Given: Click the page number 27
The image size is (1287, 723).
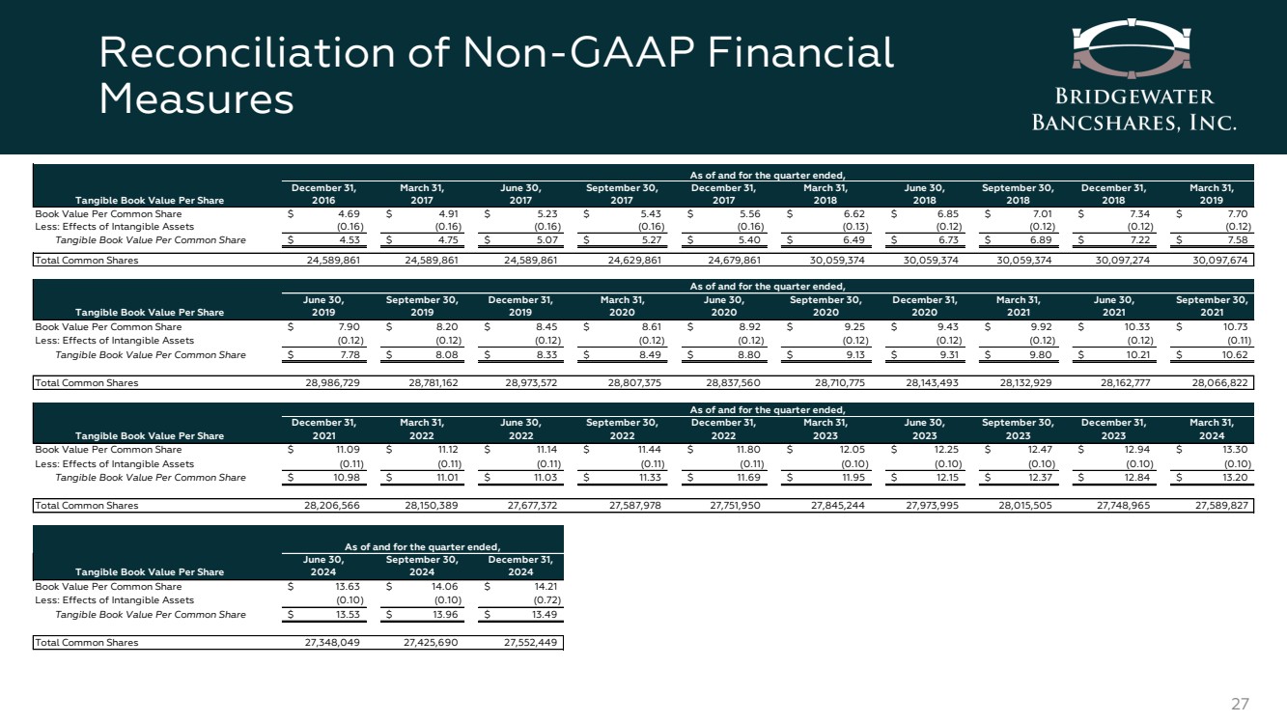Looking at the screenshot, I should [x=1241, y=704].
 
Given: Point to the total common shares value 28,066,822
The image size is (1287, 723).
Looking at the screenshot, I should [x=1220, y=382].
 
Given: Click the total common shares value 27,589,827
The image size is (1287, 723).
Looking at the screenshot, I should [x=1220, y=505].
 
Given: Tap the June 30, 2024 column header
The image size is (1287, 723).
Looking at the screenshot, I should [x=323, y=564].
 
